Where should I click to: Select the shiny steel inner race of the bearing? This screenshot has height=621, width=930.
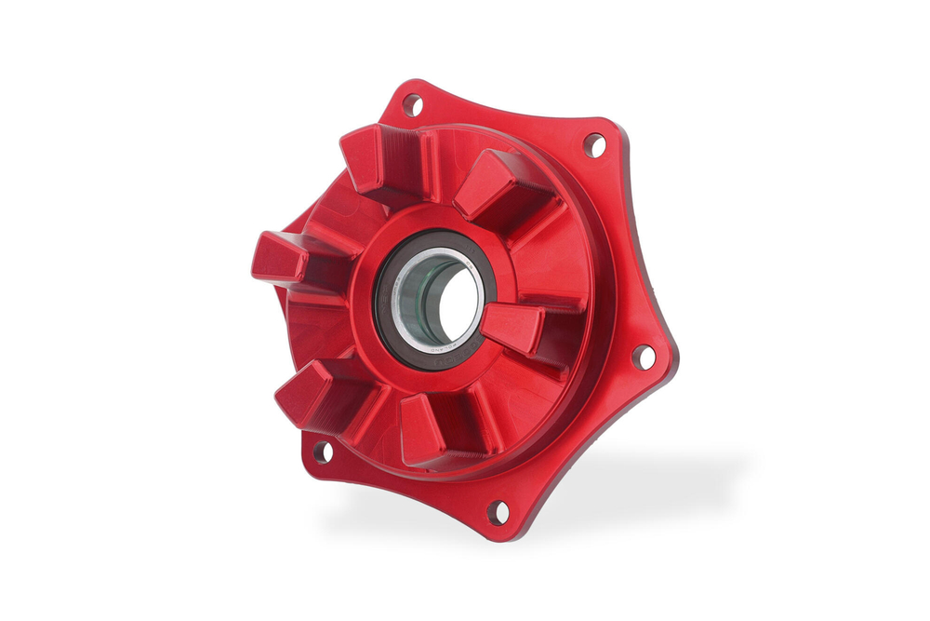pos(401,298)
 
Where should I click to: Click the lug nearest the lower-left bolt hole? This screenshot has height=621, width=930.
pos(312,391)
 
